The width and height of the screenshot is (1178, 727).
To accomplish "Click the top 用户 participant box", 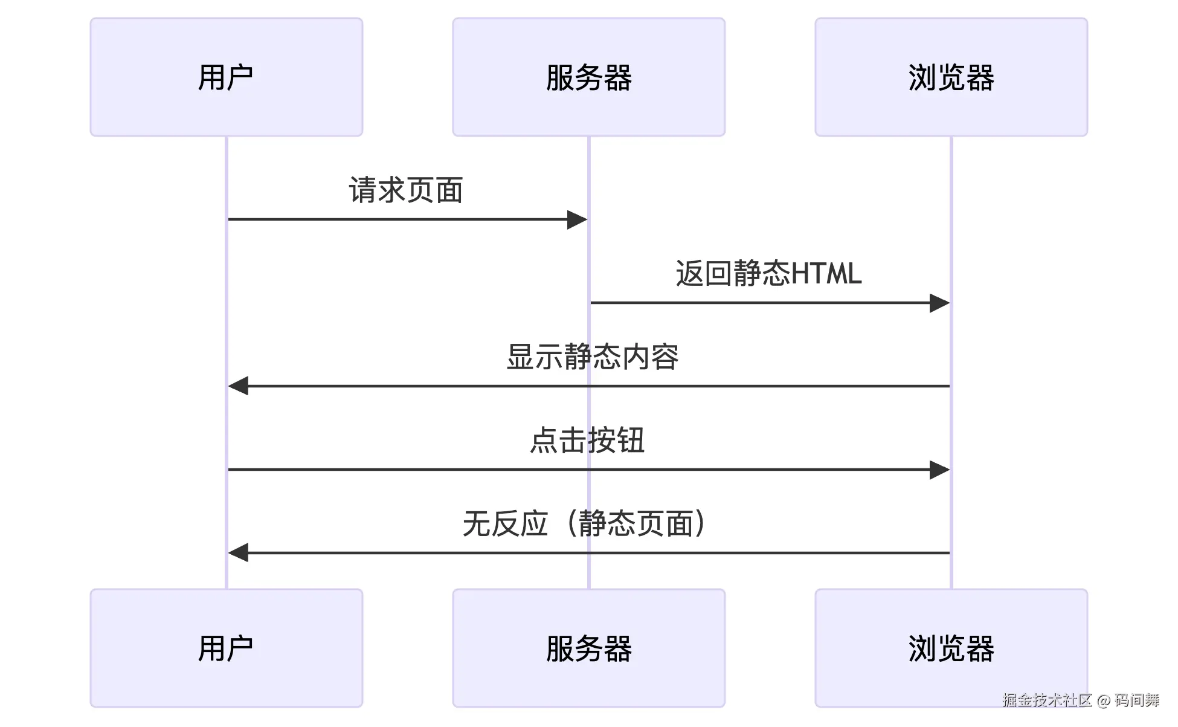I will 226,77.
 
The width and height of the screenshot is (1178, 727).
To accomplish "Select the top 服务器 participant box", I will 588,77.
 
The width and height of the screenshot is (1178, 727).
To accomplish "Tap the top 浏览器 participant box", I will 951,77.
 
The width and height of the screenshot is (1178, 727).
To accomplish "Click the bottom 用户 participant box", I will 226,648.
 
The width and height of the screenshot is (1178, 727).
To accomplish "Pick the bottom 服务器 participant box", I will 588,648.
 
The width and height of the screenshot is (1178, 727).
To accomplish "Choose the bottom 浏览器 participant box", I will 951,648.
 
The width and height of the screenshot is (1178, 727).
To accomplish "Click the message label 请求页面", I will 406,190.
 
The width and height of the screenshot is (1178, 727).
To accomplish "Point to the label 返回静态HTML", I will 768,273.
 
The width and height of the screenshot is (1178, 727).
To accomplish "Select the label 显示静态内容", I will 592,357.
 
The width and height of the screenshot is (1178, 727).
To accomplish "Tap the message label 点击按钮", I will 587,440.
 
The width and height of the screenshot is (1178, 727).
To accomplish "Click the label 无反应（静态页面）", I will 584,523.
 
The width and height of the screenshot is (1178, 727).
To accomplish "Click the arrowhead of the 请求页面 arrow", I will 577,219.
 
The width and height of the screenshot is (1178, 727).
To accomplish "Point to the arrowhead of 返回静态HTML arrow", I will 939,303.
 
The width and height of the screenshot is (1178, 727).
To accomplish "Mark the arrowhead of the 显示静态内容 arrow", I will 239,386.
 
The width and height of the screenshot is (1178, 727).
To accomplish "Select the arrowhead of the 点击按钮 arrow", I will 939,470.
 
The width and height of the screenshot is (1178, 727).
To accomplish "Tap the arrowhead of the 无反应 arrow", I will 239,552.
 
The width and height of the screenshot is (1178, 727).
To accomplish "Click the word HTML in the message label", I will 826,273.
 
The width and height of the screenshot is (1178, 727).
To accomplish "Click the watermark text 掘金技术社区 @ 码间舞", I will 1081,700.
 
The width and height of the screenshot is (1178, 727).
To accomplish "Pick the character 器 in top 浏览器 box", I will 980,77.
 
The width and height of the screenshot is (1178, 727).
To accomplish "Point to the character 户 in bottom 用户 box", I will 240,648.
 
